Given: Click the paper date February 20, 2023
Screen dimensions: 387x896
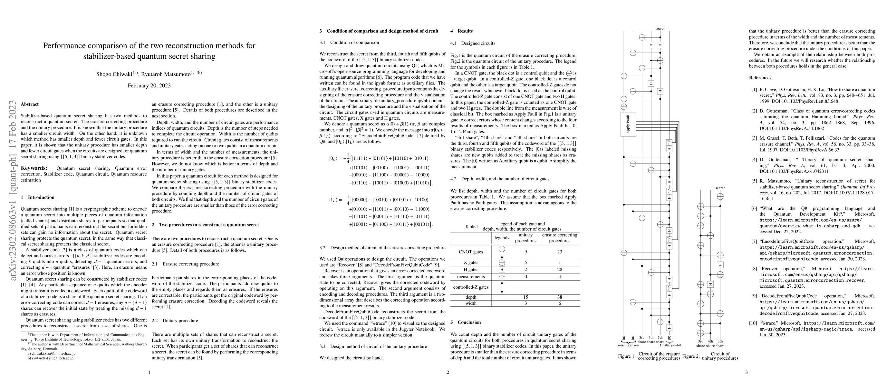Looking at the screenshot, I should pos(149,85).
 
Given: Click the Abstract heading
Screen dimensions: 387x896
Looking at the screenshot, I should pos(30,104).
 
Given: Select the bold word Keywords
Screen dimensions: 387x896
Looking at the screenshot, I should pos(34,168).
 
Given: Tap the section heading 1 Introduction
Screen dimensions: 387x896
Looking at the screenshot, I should pos(38,197).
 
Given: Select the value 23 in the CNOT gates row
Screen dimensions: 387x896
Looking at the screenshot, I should pos(559,252).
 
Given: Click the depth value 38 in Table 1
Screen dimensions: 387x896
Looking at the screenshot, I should pos(559,297).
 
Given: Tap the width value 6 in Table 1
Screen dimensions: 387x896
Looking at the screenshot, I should pos(559,303).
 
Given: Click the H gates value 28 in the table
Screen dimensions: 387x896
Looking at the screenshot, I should pos(559,269).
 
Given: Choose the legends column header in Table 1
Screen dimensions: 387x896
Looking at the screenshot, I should pos(502,238).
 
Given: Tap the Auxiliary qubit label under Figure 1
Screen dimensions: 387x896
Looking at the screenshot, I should pos(670,346).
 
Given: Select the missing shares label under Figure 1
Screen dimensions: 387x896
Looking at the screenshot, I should pos(628,346).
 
